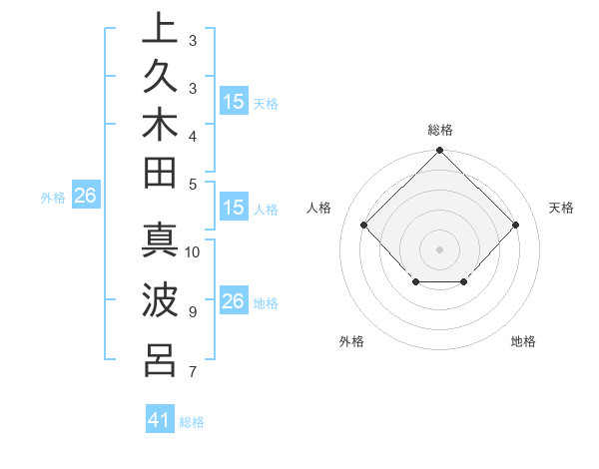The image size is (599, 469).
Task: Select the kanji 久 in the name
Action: (160, 81)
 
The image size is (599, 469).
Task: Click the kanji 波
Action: (160, 300)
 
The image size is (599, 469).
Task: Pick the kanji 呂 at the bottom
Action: (160, 358)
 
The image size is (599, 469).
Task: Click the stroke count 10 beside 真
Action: (193, 252)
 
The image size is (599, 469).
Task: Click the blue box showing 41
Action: (160, 420)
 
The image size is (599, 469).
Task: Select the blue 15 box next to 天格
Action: (234, 102)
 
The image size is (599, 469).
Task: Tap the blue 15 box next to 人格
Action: (234, 208)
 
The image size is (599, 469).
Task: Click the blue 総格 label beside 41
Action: (192, 422)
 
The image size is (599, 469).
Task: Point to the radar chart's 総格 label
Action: (440, 130)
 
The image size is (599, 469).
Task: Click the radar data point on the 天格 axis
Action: (516, 226)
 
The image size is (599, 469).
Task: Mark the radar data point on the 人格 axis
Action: (364, 226)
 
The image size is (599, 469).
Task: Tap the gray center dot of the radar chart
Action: (440, 249)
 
